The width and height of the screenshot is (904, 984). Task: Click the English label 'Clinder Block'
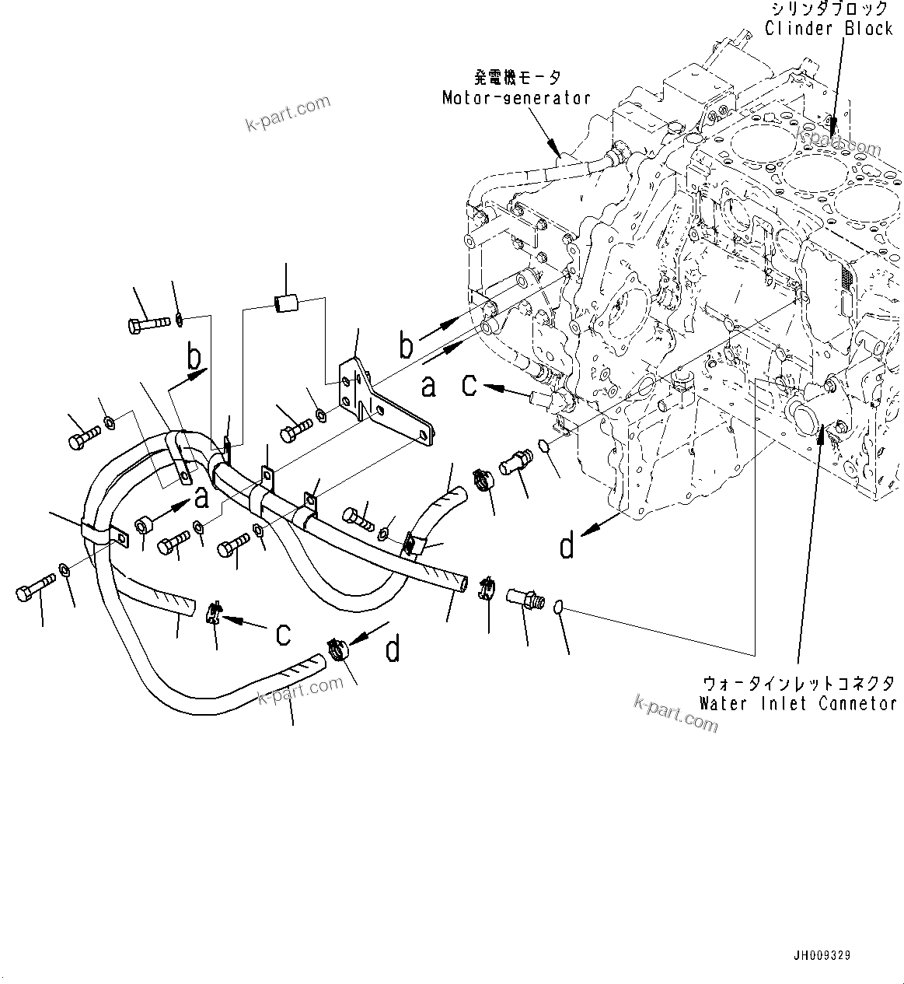point(829,29)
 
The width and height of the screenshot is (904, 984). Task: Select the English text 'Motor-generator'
point(516,98)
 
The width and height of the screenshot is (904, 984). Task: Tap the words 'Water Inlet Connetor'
point(798,703)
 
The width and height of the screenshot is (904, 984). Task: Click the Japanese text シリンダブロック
point(829,9)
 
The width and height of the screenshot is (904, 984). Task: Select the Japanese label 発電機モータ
point(517,79)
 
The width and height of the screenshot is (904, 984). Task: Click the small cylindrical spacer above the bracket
point(285,301)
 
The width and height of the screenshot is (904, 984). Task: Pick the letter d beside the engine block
point(567,546)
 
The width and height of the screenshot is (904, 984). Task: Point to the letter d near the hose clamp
point(393,648)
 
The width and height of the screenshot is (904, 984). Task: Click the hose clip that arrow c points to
point(214,614)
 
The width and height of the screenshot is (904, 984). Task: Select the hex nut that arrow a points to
point(143,527)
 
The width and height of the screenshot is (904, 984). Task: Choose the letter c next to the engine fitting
point(469,383)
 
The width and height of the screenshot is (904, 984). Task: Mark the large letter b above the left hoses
point(194,357)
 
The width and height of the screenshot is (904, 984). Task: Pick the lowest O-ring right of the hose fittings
point(559,607)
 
